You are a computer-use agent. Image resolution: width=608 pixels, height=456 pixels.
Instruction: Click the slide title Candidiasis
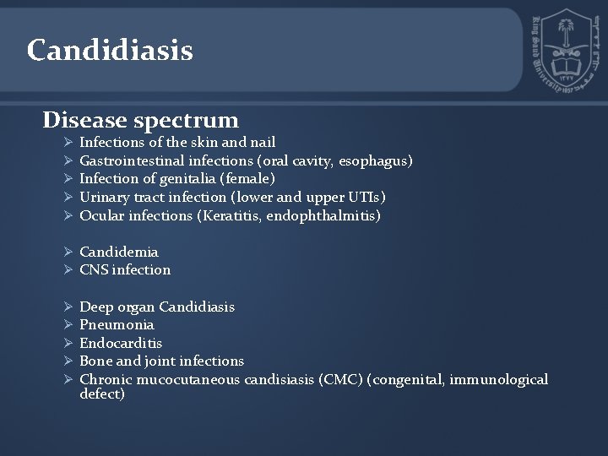point(110,51)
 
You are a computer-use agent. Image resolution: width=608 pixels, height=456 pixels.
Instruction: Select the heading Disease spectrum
point(141,120)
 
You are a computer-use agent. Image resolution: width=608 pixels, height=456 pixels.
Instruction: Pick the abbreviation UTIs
point(365,198)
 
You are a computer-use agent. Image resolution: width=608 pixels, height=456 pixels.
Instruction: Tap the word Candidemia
point(119,252)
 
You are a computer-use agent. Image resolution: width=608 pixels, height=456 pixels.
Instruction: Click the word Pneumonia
point(117,325)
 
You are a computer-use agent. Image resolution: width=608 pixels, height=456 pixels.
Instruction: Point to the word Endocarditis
point(121,343)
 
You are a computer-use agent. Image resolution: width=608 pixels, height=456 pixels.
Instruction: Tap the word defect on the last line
point(101,394)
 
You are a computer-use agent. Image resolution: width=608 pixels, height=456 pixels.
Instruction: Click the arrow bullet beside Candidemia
point(69,252)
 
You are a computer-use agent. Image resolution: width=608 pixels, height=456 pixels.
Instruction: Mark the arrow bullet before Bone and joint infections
point(69,361)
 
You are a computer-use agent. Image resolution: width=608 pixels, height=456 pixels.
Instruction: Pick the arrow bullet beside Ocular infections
point(69,216)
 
